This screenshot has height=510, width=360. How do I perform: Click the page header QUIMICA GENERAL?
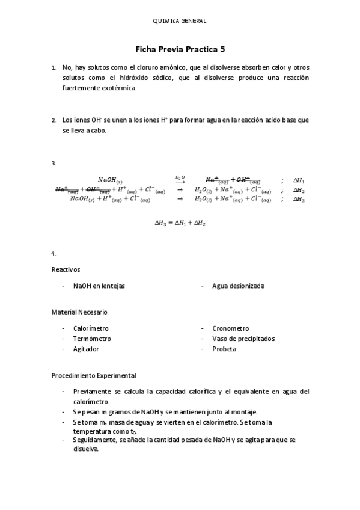tap(180, 21)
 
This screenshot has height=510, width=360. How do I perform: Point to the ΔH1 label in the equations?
tap(299, 180)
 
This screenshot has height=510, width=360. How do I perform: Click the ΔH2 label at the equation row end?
tap(299, 190)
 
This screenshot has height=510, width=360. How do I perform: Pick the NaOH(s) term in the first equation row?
tap(110, 180)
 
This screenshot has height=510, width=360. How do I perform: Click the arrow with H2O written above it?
tap(180, 179)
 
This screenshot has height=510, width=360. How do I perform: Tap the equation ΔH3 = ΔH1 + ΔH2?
tap(180, 223)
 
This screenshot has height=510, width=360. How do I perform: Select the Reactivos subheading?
tap(66, 269)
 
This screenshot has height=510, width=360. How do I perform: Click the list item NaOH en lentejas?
tap(99, 286)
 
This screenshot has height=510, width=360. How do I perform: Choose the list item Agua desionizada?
tap(238, 286)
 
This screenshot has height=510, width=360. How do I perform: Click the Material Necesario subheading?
tap(79, 312)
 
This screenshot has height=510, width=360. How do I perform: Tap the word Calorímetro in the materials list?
tap(91, 329)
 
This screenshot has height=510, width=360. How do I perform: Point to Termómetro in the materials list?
tap(92, 339)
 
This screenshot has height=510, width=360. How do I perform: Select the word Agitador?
tap(86, 349)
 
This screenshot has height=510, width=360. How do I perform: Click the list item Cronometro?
tap(230, 329)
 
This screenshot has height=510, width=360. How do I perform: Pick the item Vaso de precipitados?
tap(243, 339)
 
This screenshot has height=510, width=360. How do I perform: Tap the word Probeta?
tap(224, 349)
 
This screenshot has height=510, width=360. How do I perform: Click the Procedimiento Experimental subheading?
tap(94, 375)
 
